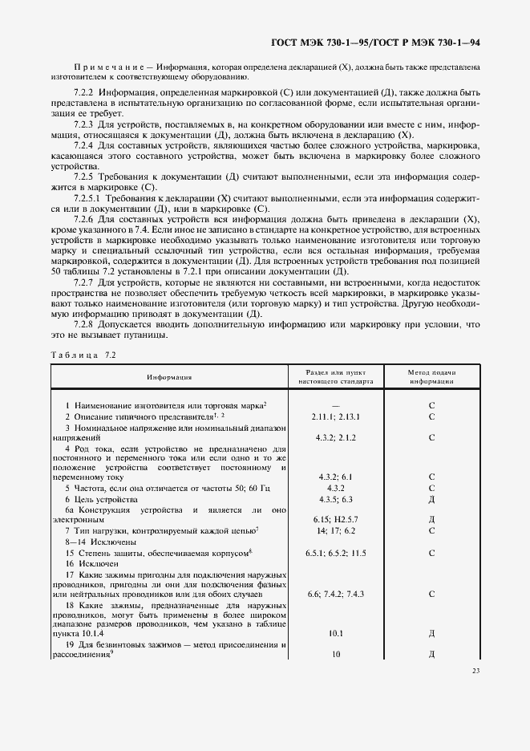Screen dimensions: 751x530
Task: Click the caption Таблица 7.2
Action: click(83, 354)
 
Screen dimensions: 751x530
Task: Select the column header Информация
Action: click(168, 377)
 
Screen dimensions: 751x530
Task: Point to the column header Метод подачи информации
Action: click(431, 377)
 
